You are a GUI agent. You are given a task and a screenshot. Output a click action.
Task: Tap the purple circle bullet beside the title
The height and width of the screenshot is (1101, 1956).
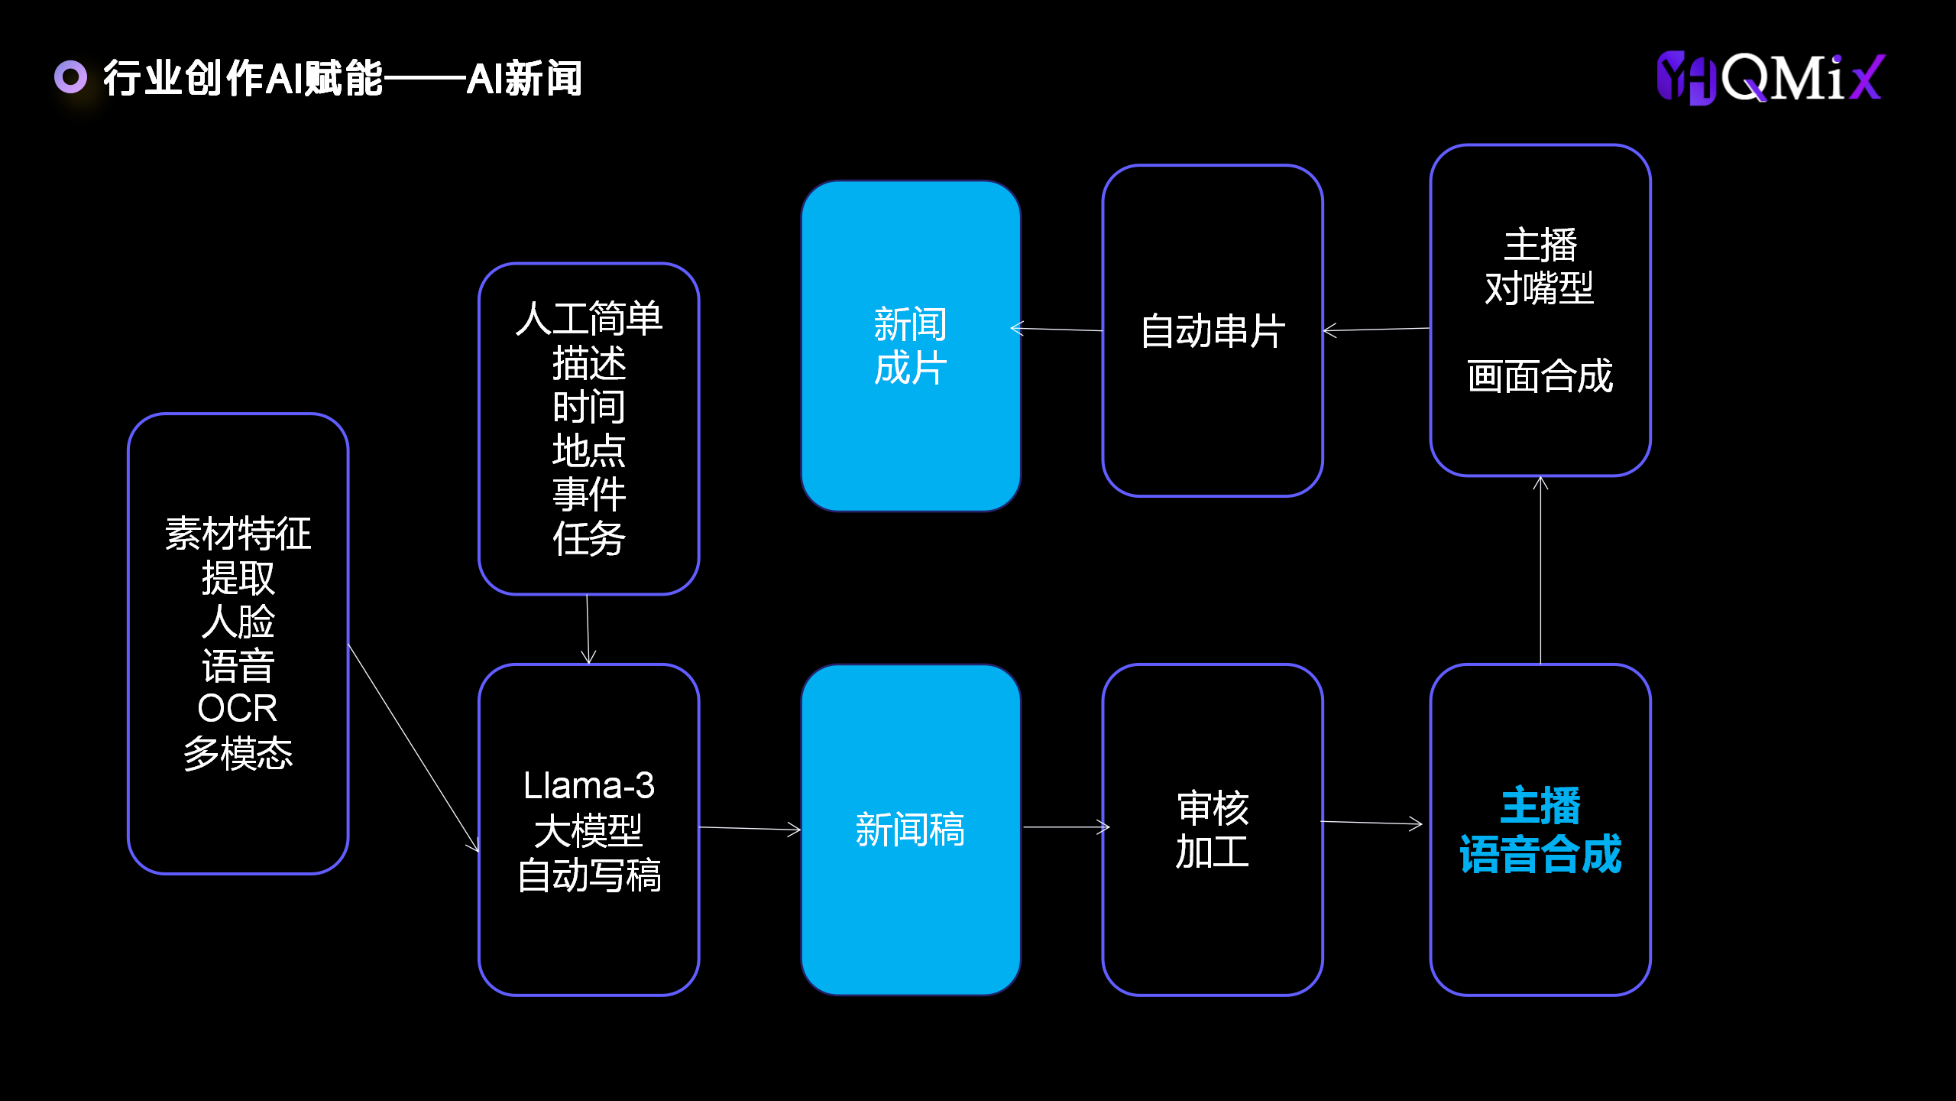[x=70, y=76]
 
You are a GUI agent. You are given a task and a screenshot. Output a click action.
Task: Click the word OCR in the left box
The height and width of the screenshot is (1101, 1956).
[x=238, y=709]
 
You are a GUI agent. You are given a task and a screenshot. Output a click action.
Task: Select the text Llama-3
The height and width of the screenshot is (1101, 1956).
[x=588, y=786]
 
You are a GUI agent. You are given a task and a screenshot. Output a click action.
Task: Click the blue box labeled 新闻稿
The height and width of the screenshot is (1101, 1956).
[x=911, y=830]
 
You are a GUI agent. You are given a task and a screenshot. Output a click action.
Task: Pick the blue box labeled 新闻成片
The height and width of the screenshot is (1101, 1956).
[x=911, y=346]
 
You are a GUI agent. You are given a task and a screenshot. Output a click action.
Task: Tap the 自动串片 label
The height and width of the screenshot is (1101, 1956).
[x=1213, y=332]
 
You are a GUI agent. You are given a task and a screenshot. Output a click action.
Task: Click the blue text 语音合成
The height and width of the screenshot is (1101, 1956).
[x=1540, y=854]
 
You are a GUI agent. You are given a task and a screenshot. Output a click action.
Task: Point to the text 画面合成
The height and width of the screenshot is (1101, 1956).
[x=1540, y=376]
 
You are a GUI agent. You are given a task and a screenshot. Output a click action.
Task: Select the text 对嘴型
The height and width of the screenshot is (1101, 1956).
[x=1540, y=289]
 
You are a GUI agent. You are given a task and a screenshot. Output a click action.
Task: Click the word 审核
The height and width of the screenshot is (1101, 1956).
[x=1213, y=808]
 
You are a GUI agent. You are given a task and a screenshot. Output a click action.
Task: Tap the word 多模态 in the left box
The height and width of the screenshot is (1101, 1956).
[x=238, y=753]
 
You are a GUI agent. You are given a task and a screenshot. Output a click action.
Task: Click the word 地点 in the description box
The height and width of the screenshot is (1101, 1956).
[x=588, y=450]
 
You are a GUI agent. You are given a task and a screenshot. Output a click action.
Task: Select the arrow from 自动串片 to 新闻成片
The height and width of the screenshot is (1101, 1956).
[x=1057, y=330]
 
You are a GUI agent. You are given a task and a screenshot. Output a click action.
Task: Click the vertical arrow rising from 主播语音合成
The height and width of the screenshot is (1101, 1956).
[x=1540, y=570]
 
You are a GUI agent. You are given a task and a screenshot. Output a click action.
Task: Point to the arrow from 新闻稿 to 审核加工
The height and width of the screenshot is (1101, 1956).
[x=1065, y=827]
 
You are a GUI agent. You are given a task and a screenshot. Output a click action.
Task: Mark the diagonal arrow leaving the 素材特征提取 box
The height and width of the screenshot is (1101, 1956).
[x=413, y=747]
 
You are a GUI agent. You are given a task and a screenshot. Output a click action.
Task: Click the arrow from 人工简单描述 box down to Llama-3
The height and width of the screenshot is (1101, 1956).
[x=588, y=628]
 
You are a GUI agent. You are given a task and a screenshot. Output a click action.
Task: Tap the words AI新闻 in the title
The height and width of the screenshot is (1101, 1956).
[x=524, y=78]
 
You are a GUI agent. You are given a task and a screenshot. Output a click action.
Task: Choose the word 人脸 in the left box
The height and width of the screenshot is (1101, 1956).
[x=238, y=622]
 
